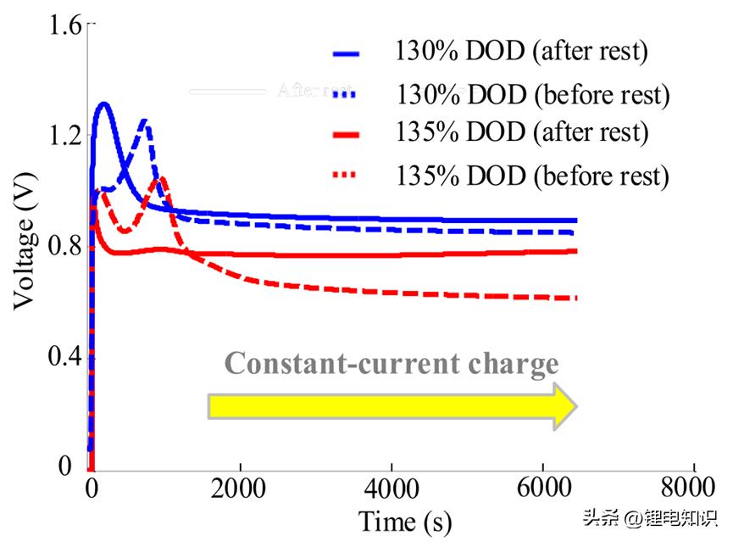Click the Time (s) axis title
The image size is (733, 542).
pos(405,519)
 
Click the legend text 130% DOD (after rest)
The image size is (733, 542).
pos(520,52)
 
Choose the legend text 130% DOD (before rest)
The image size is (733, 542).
pos(532,93)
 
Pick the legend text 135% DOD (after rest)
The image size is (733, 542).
pos(520,133)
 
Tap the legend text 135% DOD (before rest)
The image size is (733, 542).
pos(532,176)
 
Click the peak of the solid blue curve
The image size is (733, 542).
pos(103,104)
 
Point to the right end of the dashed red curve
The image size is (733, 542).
pos(575,298)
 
